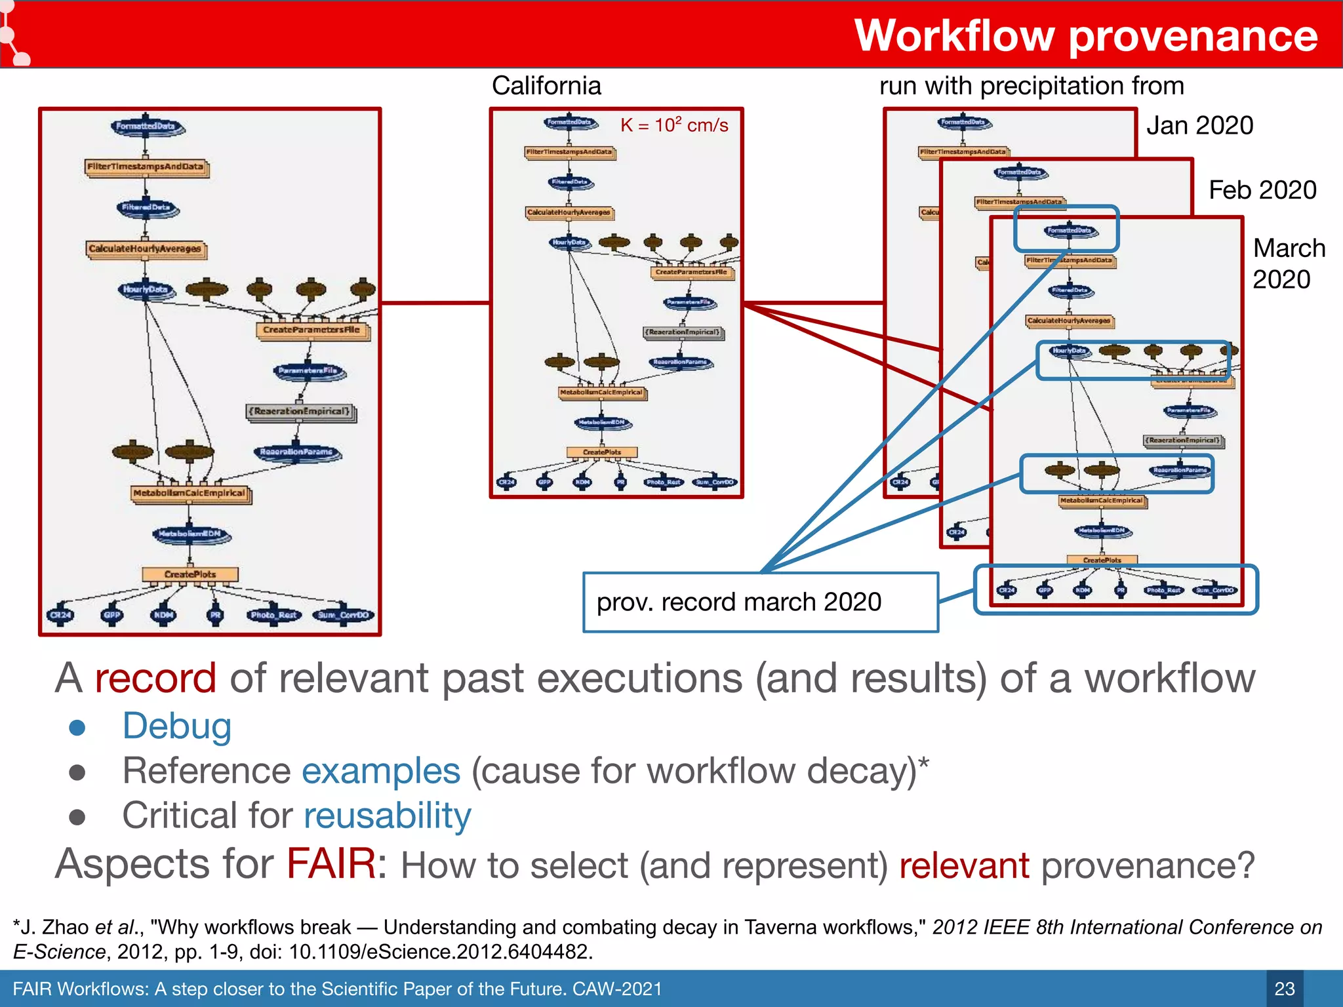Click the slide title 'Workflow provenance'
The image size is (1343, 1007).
pos(1085,35)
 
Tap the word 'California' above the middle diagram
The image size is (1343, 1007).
pos(546,86)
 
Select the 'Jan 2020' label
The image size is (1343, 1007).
pos(1199,125)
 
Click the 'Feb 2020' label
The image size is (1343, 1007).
pos(1262,190)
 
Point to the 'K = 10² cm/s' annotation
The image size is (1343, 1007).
pos(674,125)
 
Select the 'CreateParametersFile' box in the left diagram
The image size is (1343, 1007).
pos(311,330)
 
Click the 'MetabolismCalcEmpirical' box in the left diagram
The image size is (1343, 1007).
pos(190,493)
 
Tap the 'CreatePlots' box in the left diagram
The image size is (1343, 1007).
pos(190,574)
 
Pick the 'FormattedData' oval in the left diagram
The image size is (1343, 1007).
pos(146,127)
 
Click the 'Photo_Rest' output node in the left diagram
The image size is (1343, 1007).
pos(274,615)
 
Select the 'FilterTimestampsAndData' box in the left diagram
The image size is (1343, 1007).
pos(146,167)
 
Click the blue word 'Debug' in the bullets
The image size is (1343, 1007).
pos(177,726)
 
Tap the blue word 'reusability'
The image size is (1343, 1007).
pos(387,816)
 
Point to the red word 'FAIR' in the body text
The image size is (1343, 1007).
pos(331,863)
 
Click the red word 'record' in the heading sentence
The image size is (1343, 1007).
pos(155,678)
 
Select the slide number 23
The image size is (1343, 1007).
pos(1284,989)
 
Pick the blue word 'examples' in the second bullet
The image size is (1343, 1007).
pos(381,771)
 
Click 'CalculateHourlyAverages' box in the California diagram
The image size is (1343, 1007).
pos(569,212)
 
